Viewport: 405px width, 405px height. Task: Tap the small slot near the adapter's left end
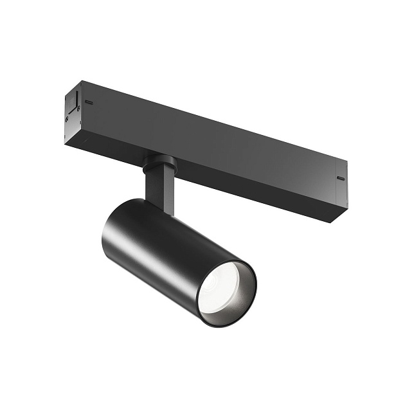(90, 102)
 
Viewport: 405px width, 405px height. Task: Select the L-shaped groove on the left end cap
(75, 103)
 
